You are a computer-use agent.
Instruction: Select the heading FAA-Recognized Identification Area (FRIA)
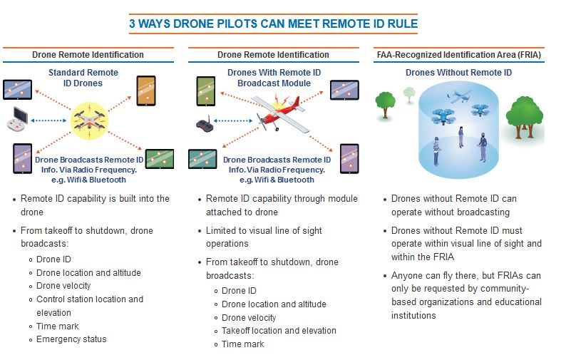point(459,55)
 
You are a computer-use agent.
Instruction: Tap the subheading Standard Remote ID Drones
point(83,78)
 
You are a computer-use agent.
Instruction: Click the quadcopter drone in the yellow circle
point(89,121)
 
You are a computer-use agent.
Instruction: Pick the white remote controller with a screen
point(17,119)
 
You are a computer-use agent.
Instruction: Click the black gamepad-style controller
point(205,124)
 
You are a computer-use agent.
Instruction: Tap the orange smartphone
point(146,91)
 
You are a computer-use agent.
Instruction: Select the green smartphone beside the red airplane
point(206,91)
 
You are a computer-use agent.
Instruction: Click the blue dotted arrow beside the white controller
point(48,120)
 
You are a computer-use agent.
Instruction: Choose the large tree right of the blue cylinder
point(524,117)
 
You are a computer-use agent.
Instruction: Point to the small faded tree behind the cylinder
point(409,95)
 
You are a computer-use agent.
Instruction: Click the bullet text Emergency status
point(71,339)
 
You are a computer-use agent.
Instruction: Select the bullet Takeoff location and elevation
point(279,331)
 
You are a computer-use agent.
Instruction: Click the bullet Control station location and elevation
point(90,306)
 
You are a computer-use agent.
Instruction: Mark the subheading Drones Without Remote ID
point(458,73)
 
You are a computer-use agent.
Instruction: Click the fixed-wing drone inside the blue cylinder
point(459,96)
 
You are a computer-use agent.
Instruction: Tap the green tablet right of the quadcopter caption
point(160,159)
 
